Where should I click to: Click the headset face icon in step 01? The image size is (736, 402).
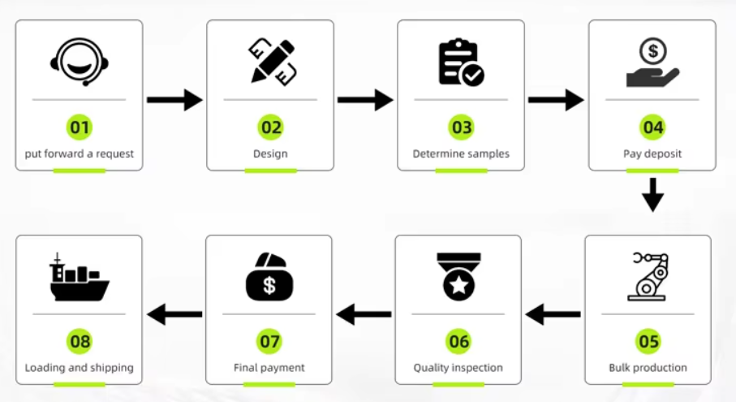pos(80,62)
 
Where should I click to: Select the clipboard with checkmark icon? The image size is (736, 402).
pos(461,63)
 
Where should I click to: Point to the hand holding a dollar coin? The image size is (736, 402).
pos(652,63)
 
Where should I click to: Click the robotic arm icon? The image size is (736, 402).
pos(648,276)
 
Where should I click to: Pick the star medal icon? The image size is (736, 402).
pos(458,276)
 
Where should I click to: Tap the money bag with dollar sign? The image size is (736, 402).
pos(269,277)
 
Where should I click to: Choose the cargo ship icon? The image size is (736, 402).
pos(80,277)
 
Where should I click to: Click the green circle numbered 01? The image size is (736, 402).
pos(80,128)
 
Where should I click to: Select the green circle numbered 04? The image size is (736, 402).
pos(653,128)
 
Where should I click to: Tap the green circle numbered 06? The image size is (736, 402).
pos(458,341)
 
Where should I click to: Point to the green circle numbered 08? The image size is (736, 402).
pos(80,341)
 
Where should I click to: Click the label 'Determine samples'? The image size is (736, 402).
pos(461,153)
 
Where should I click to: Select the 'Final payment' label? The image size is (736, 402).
pos(269,367)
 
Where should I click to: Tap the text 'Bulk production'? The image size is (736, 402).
pos(648,367)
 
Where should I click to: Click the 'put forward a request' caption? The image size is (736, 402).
pos(79,154)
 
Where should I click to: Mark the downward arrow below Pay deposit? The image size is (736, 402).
pos(652,194)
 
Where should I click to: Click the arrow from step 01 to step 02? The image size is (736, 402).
pos(174,100)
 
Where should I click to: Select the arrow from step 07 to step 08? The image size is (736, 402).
pos(174,314)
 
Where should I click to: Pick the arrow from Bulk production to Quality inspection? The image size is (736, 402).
pos(553,314)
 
